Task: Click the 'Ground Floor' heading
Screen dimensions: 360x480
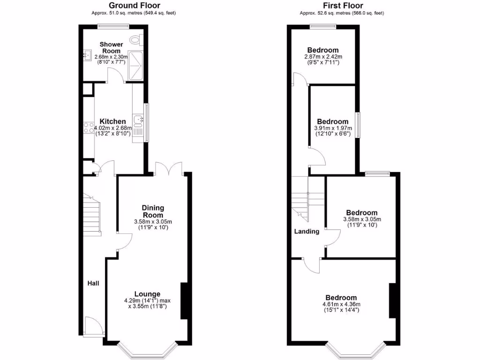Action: point(135,5)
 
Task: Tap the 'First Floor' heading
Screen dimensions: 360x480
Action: point(342,5)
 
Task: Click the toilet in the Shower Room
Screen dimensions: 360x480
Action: point(136,39)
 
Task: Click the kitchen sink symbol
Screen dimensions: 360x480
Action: point(138,121)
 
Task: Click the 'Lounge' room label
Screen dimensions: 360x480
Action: point(148,294)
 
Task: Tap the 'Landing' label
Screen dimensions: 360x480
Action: point(307,231)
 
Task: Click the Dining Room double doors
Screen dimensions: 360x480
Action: point(169,168)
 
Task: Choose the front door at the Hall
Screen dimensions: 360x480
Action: point(93,326)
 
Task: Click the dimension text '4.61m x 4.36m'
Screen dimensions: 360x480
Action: point(341,304)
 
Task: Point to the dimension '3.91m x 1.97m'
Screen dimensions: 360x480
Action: point(332,128)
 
